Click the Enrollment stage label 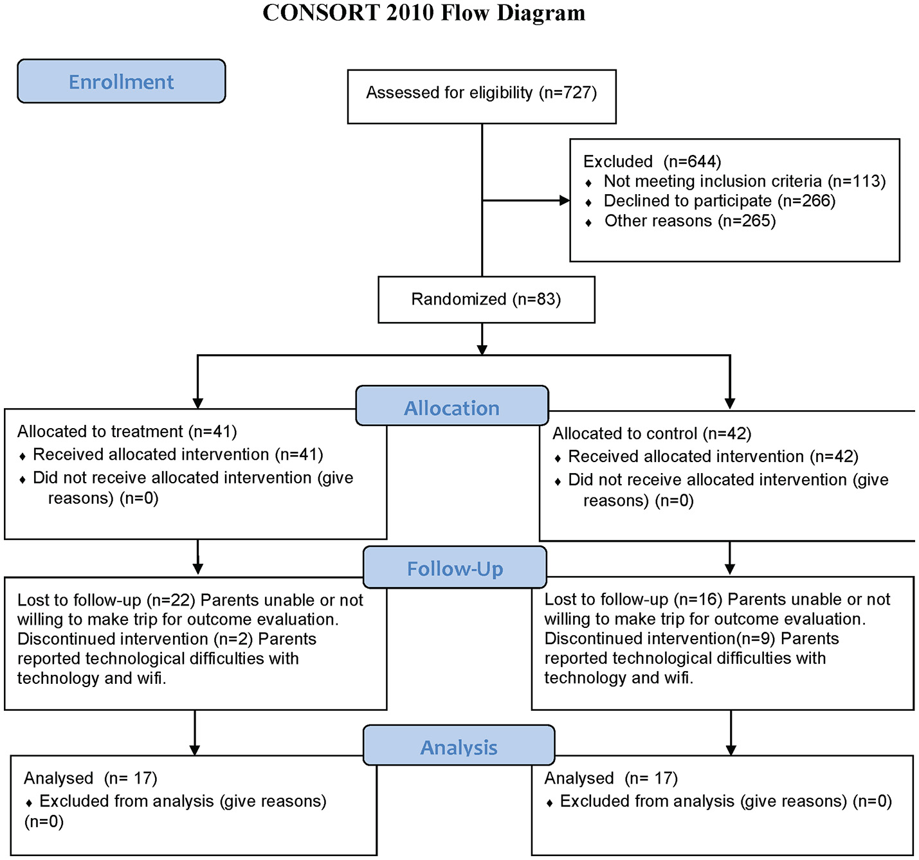click(x=121, y=82)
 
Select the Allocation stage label click(x=451, y=408)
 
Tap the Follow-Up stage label click(x=455, y=568)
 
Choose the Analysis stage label click(x=459, y=747)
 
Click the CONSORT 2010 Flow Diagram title click(x=424, y=13)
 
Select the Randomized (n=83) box click(x=486, y=300)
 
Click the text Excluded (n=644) click(x=651, y=161)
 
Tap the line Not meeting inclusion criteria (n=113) click(x=744, y=181)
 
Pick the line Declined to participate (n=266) click(x=719, y=201)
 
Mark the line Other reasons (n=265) click(x=689, y=221)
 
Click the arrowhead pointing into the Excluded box click(x=565, y=201)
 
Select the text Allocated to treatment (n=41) click(x=127, y=431)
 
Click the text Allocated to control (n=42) click(x=651, y=434)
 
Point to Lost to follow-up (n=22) click(x=106, y=600)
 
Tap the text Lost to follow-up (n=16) click(x=633, y=600)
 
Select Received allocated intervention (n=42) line click(x=713, y=457)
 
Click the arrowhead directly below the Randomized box click(x=482, y=350)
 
